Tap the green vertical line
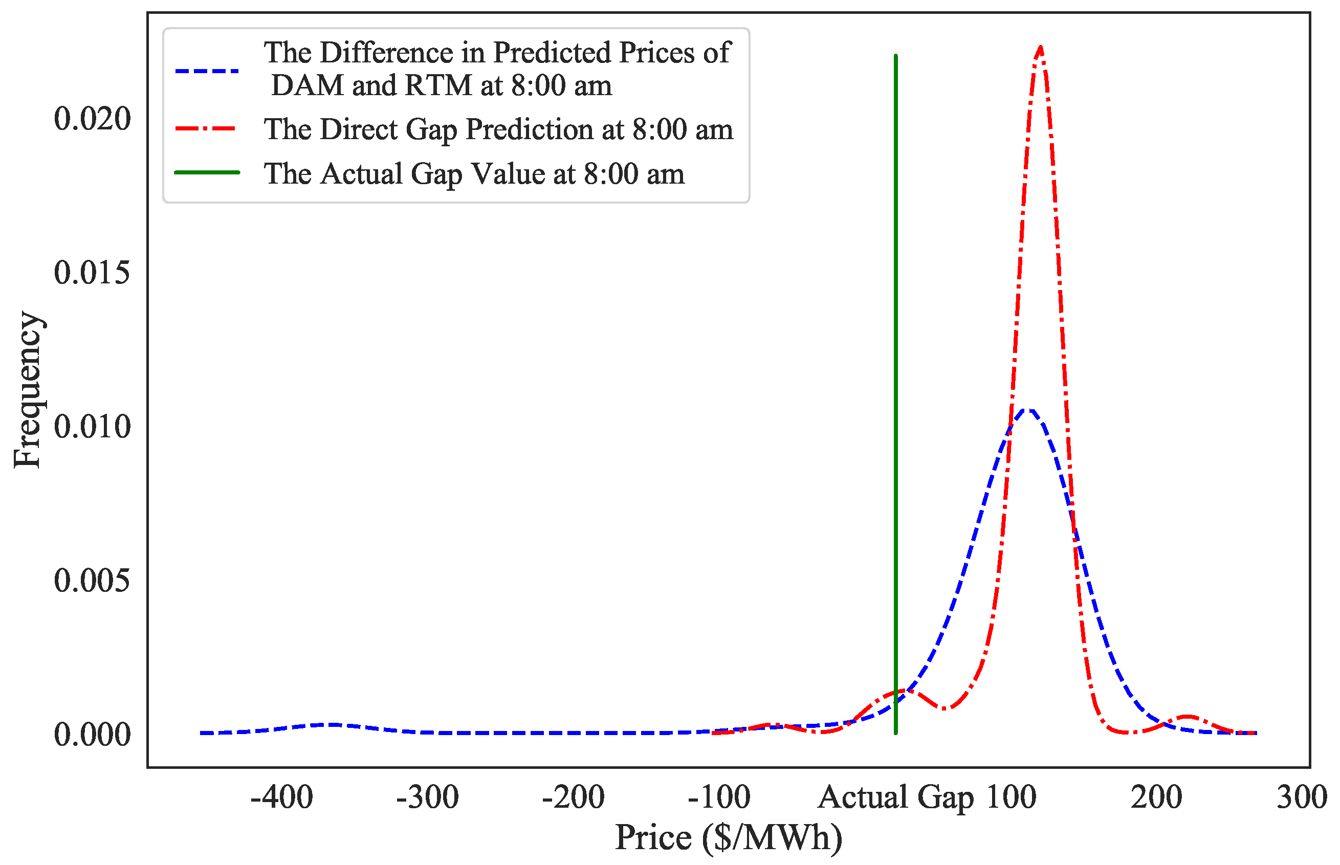pos(895,393)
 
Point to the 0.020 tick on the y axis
pos(92,119)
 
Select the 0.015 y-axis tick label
pos(92,273)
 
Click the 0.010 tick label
pos(92,427)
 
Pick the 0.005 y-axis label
pos(92,580)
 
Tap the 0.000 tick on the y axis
pos(92,734)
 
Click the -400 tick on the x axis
pos(281,797)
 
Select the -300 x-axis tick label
pos(428,797)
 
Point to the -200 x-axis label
pos(573,797)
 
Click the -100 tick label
pos(719,797)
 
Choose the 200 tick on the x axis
pos(1156,797)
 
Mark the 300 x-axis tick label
pos(1302,797)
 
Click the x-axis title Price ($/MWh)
pos(729,838)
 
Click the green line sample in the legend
pos(207,172)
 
